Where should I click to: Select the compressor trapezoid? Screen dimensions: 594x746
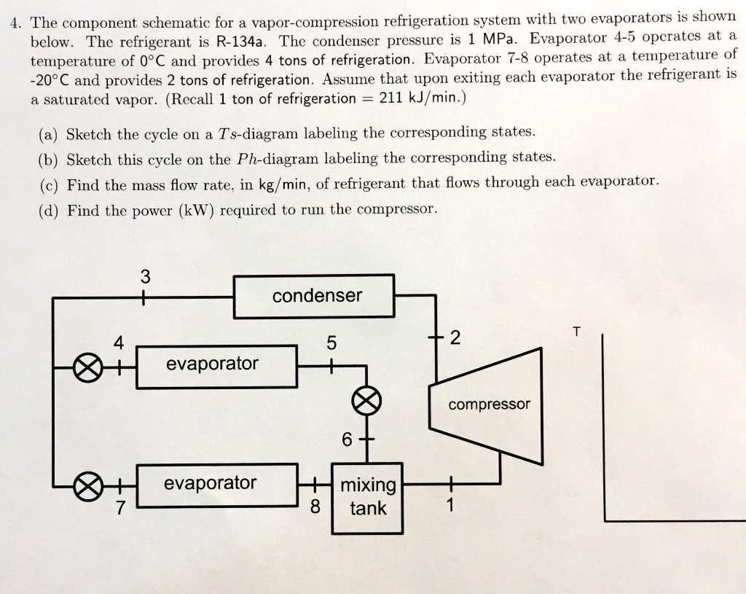pos(488,405)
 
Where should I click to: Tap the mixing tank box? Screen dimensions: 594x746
pos(367,497)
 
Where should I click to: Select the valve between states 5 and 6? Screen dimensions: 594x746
pos(366,399)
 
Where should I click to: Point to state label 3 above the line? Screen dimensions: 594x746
pos(145,277)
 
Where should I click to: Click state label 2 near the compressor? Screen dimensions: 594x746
pos(456,338)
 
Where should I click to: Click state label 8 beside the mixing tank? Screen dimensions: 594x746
pos(315,507)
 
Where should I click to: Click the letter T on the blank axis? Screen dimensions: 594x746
pos(576,332)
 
